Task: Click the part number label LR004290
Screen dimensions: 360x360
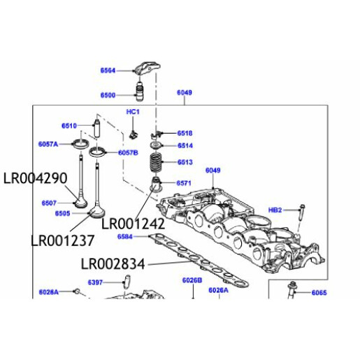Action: [x=35, y=178]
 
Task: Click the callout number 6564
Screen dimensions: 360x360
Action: [x=108, y=71]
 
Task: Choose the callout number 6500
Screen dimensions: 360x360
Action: [x=108, y=94]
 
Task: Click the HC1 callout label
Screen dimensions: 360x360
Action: [x=133, y=112]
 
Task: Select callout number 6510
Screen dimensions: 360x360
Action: [x=69, y=126]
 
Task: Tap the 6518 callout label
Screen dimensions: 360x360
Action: [x=185, y=133]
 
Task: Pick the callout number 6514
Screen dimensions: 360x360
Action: [x=185, y=146]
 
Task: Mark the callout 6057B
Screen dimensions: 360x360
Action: [x=128, y=152]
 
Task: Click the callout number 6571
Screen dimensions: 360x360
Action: [x=184, y=183]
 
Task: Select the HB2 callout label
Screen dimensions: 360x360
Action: [x=275, y=209]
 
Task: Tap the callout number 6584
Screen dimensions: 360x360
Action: [x=125, y=237]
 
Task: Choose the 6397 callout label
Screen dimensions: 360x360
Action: [x=95, y=282]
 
